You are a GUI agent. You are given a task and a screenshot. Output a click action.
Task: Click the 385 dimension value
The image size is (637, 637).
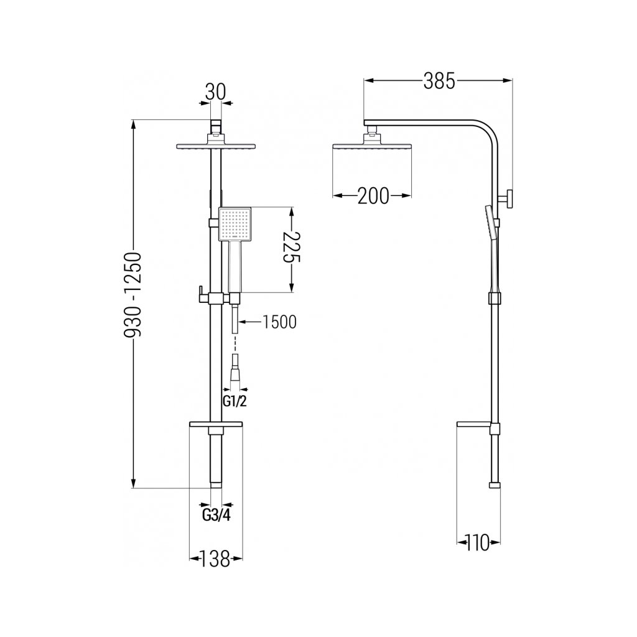pyautogui.click(x=439, y=81)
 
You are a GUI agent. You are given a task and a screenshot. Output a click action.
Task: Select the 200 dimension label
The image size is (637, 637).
pyautogui.click(x=373, y=196)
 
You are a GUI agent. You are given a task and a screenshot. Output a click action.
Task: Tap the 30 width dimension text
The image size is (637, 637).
pyautogui.click(x=216, y=92)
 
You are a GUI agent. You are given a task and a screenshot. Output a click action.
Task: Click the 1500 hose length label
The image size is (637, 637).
pyautogui.click(x=279, y=322)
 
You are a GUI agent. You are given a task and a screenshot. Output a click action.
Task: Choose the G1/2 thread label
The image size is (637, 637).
pyautogui.click(x=235, y=401)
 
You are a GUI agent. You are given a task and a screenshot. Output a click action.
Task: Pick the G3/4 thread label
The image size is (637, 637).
pyautogui.click(x=216, y=516)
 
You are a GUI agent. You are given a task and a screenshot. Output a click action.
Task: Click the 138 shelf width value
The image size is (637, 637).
pyautogui.click(x=216, y=559)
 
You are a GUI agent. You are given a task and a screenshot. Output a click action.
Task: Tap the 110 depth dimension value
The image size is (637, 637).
pyautogui.click(x=478, y=542)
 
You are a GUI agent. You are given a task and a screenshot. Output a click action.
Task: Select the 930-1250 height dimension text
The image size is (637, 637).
pyautogui.click(x=133, y=295)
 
